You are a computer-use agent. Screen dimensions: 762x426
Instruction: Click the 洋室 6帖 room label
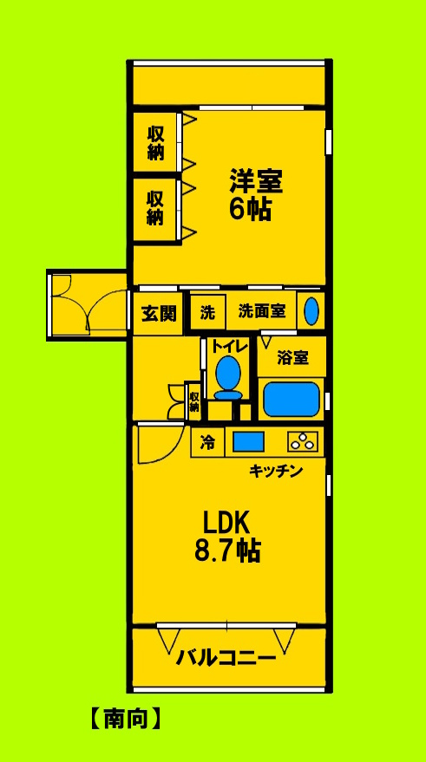point(256,196)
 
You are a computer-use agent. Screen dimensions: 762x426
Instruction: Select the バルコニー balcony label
point(227,658)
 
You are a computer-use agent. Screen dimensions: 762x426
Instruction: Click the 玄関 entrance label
point(159,313)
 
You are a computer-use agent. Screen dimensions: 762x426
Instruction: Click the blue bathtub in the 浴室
point(291,399)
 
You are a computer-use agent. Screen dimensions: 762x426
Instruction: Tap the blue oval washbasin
point(312,310)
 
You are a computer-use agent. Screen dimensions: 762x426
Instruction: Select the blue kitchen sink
point(248,441)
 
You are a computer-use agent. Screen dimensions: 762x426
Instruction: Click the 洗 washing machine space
point(208,312)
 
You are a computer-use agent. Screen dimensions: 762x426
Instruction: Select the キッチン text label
point(275,471)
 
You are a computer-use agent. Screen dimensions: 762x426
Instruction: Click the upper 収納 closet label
point(155,142)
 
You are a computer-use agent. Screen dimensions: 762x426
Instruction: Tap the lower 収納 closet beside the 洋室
point(155,207)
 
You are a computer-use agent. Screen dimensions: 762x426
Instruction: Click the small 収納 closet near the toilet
point(194,401)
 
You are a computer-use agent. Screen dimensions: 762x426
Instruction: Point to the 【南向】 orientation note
point(127,718)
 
